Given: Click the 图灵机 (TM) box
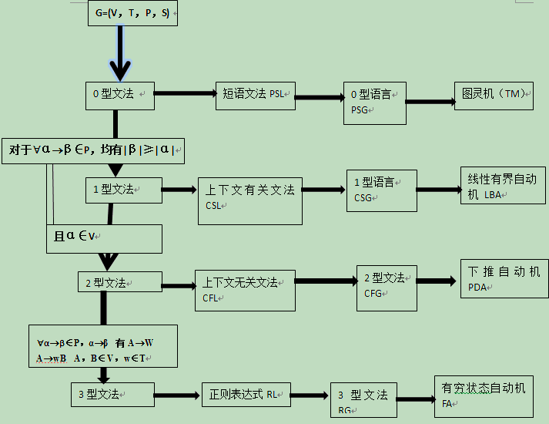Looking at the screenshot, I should (494, 94).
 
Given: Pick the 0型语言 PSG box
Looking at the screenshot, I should (375, 103).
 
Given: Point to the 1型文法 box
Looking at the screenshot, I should (123, 190).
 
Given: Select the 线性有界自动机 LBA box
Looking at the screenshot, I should (504, 186).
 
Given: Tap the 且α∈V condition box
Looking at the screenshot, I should (104, 238).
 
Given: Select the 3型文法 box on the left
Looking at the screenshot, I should (112, 394).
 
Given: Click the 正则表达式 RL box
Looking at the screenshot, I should (246, 395).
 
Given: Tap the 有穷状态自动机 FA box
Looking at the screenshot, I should (483, 395).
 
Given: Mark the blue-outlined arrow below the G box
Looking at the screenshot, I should (119, 54).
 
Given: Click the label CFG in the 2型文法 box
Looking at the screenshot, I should (374, 293).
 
